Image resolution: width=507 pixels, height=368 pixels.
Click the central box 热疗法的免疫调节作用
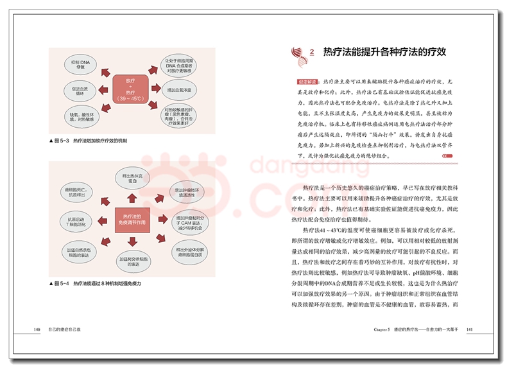[x=132, y=218]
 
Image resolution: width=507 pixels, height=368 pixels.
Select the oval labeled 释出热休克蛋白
[x=132, y=179]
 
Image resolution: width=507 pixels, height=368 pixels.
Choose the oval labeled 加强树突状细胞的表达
[x=132, y=259]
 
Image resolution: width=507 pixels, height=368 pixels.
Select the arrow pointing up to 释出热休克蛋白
[x=132, y=198]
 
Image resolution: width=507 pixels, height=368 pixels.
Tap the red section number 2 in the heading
[x=312, y=52]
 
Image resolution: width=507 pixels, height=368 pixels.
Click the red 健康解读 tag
[x=307, y=83]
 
